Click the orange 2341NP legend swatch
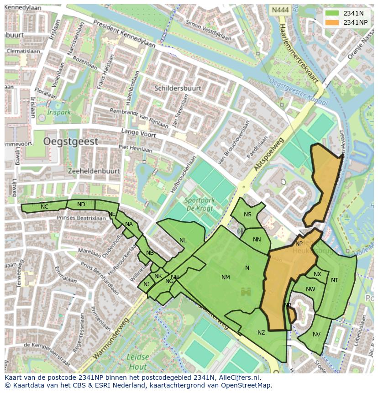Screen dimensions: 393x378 click(x=332, y=22)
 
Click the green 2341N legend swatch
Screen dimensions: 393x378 click(x=332, y=13)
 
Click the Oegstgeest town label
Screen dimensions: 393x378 click(x=71, y=142)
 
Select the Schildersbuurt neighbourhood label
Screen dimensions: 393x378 click(x=178, y=88)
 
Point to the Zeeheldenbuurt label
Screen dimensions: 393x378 click(x=93, y=171)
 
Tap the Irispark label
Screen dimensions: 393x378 click(x=59, y=112)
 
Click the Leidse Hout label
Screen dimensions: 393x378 click(x=137, y=362)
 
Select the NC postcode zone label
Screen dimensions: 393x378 click(x=44, y=207)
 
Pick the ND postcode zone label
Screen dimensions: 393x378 click(x=81, y=204)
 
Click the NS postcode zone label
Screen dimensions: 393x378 click(x=247, y=215)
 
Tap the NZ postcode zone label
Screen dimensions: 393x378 click(x=261, y=333)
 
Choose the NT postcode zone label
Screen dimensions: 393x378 click(x=335, y=280)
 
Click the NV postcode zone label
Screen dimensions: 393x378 click(x=316, y=335)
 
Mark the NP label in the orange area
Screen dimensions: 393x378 click(x=299, y=244)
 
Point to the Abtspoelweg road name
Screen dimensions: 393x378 click(x=269, y=155)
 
